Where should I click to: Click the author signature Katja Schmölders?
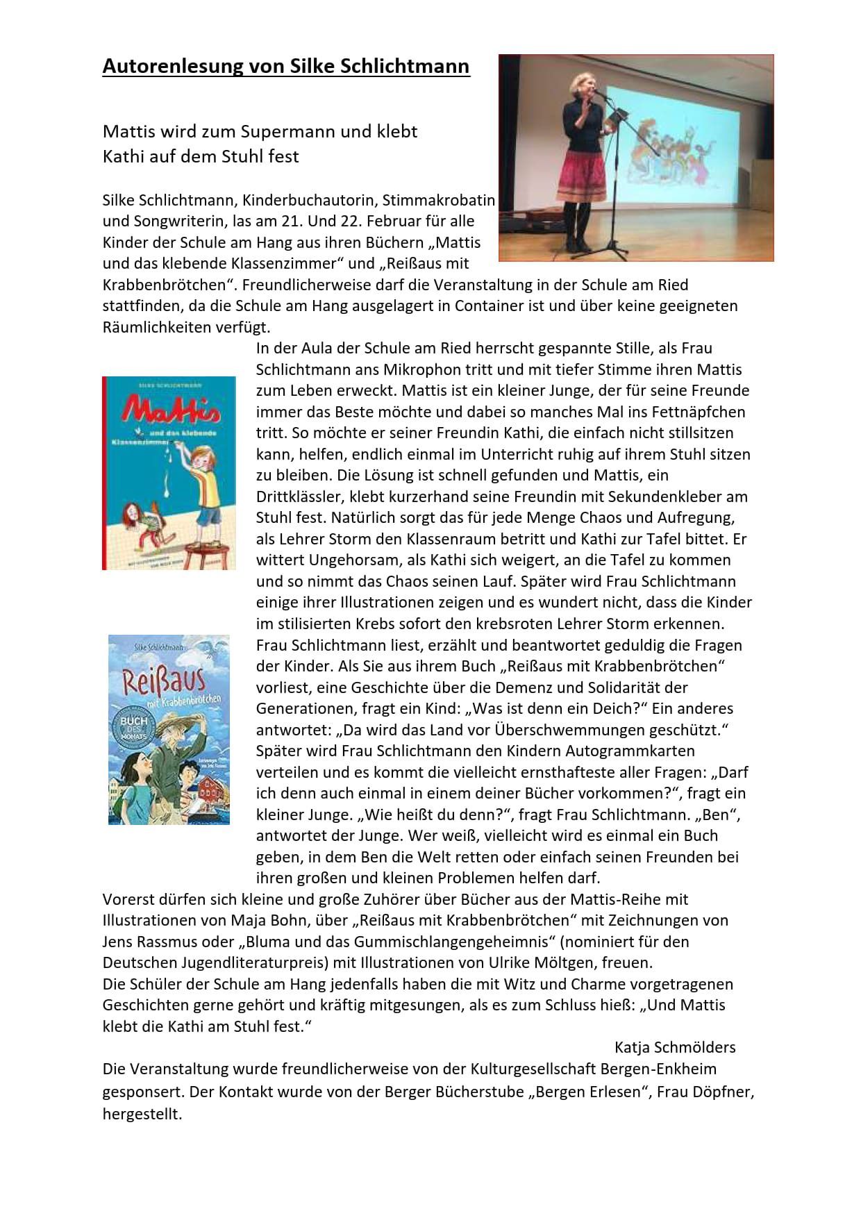coord(675,1047)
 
